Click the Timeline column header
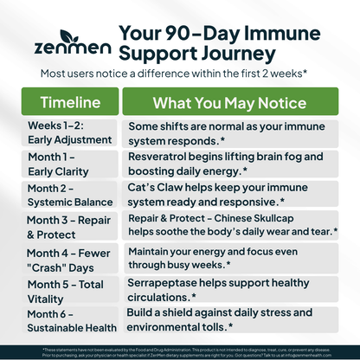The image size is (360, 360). pos(63,101)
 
